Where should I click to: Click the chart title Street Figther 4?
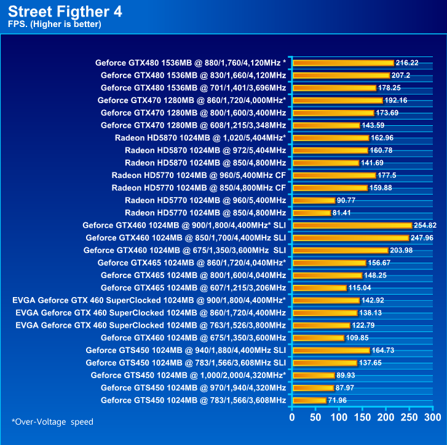pos(66,11)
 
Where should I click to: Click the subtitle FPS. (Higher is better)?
pos(55,24)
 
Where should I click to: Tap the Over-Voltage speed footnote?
pos(52,422)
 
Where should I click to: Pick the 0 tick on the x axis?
pos(293,418)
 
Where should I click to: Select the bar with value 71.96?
pos(310,400)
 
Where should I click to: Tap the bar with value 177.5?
pos(334,175)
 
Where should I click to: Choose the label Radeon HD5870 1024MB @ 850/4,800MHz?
pos(205,163)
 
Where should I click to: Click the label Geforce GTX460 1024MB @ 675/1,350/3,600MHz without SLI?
pos(193,338)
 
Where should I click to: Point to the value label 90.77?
pos(349,200)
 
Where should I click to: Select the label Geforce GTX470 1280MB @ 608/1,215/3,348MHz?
pos(193,125)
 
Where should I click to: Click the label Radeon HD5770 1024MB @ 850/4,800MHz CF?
pos(199,188)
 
